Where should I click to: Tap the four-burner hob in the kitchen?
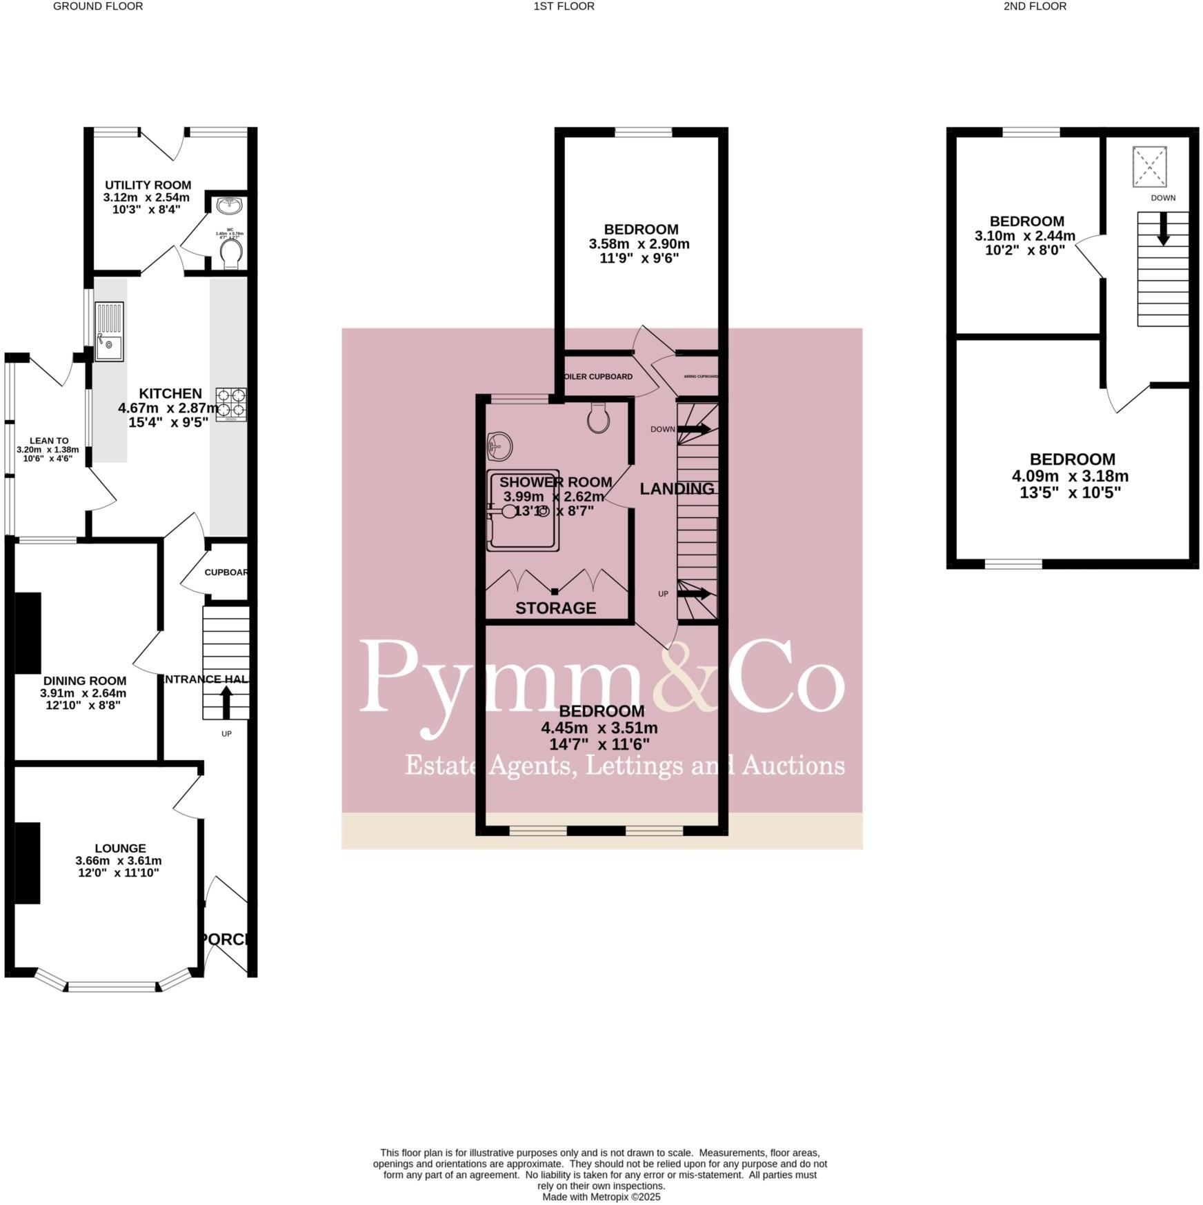click(x=231, y=404)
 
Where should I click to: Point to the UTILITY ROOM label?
click(x=148, y=185)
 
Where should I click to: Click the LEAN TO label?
click(x=48, y=440)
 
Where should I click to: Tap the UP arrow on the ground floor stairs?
click(x=226, y=701)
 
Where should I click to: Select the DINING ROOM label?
click(x=85, y=681)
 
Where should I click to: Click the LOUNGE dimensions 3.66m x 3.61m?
click(x=119, y=860)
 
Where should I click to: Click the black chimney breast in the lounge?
click(x=28, y=862)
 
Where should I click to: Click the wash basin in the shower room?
click(x=499, y=446)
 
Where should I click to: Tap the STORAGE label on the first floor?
click(x=555, y=608)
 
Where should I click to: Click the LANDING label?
click(x=677, y=489)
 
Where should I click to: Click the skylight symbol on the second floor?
click(x=1149, y=166)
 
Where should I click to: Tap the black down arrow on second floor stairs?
click(x=1163, y=228)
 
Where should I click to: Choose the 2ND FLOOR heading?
click(x=1035, y=6)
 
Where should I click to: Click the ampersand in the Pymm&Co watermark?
click(x=678, y=676)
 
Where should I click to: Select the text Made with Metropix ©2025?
click(x=601, y=1197)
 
